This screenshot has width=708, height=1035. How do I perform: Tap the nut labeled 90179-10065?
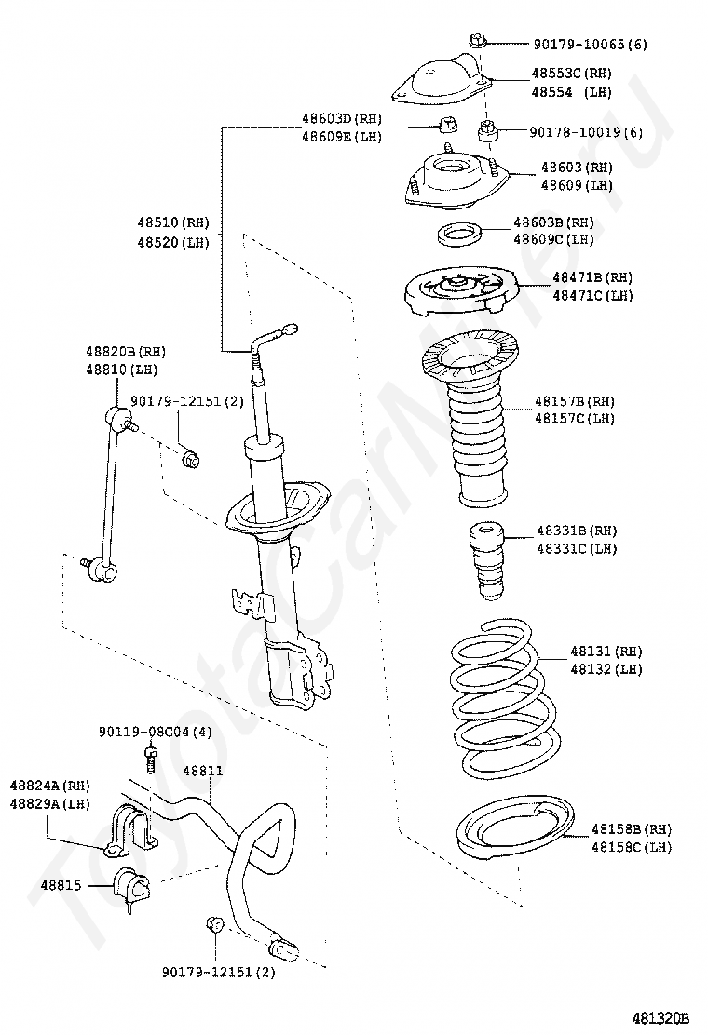click(x=478, y=42)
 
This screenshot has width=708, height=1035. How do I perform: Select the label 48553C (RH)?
click(x=571, y=74)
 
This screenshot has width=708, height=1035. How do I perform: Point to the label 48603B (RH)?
click(x=553, y=222)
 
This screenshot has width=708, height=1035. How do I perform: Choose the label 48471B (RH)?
click(x=592, y=277)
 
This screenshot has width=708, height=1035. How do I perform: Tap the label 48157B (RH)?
click(x=575, y=401)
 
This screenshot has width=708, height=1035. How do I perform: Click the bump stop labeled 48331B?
click(x=486, y=561)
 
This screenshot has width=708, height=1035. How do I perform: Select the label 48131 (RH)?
click(x=606, y=652)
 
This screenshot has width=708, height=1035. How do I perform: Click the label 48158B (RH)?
click(x=632, y=829)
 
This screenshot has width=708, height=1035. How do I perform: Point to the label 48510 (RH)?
click(x=173, y=222)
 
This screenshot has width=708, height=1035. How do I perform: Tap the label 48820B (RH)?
click(x=126, y=352)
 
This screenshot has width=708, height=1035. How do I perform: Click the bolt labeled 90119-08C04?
click(x=151, y=759)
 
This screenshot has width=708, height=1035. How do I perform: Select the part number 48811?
click(x=203, y=771)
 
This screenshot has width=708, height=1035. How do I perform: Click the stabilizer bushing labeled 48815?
click(x=132, y=887)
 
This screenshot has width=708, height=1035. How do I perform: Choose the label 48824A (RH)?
click(x=49, y=786)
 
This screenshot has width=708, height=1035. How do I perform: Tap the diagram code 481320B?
click(x=660, y=1017)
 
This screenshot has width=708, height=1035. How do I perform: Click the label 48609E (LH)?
click(x=342, y=138)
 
